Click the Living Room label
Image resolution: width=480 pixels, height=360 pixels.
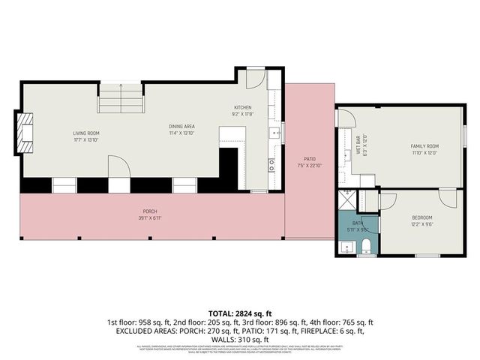(x=86, y=133)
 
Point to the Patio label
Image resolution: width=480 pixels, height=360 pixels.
(x=309, y=159)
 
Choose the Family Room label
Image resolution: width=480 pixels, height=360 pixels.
(x=424, y=145)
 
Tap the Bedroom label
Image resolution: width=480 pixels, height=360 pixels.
(x=421, y=217)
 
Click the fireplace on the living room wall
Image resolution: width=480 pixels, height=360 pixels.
(x=25, y=133)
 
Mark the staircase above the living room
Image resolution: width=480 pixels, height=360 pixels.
(x=121, y=97)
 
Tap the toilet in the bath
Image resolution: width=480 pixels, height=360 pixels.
(x=367, y=246)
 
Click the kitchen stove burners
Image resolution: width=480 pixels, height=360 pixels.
(x=272, y=165)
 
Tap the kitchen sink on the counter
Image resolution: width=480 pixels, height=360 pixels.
(x=274, y=133)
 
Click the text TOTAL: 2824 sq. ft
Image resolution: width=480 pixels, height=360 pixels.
(x=240, y=312)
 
